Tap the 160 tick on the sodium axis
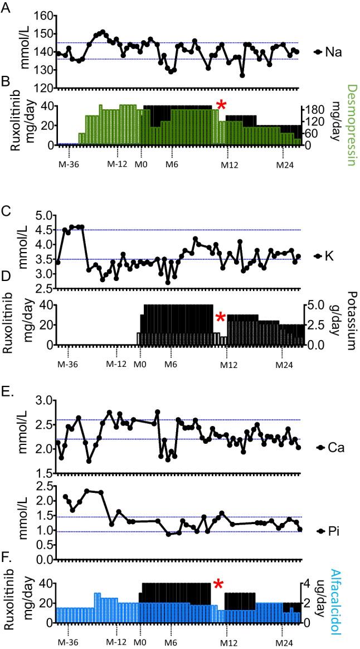point(42,16)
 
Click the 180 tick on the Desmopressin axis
point(314,110)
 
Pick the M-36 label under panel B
point(68,164)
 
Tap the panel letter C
point(6,212)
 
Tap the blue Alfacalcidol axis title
point(351,600)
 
